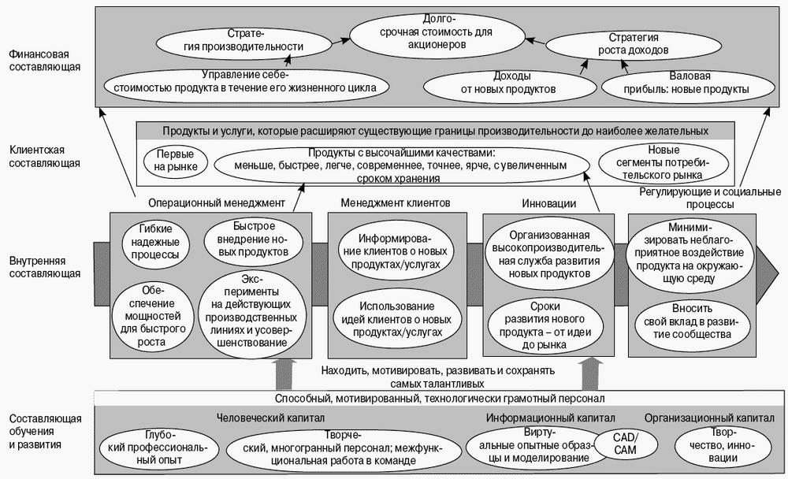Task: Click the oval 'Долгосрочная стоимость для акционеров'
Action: click(x=437, y=38)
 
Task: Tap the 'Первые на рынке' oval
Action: click(x=176, y=161)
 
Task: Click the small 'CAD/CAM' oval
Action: click(x=625, y=444)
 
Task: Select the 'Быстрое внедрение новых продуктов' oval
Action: click(x=254, y=241)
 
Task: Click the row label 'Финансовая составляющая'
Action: click(x=45, y=61)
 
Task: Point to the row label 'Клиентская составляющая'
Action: click(x=45, y=156)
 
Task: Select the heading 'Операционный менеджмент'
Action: click(x=217, y=203)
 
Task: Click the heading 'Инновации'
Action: click(x=548, y=203)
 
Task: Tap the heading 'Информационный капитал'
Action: click(x=550, y=418)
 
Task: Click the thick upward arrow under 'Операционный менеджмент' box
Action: click(x=284, y=374)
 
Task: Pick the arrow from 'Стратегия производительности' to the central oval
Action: click(x=340, y=41)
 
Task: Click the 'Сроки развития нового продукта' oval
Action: click(x=548, y=325)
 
